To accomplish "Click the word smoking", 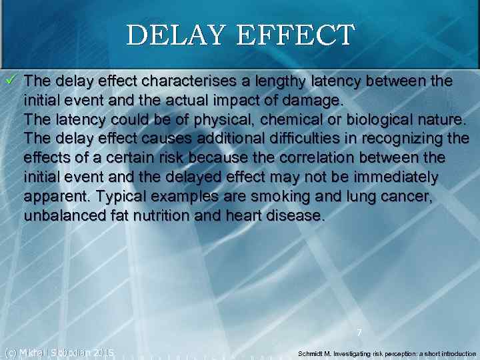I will click(x=294, y=197).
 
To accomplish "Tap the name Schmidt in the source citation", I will click(x=313, y=353).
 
